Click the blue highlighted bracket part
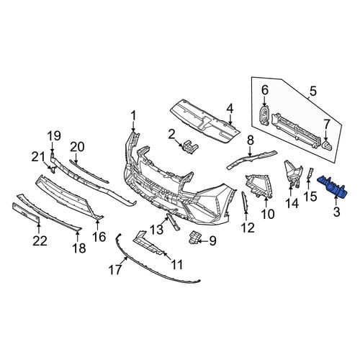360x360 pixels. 332,186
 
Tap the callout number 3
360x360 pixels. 337,212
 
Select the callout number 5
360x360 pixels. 313,92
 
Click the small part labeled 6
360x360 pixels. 264,115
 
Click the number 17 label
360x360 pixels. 115,269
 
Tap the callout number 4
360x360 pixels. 230,109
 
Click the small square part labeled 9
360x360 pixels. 195,238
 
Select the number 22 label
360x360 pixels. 40,241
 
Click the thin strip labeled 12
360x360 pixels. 245,202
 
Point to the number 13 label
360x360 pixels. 157,229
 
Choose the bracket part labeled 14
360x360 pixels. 292,173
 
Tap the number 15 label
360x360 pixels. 310,197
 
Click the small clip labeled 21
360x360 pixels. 53,170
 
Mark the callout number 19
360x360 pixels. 54,136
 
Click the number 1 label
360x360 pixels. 133,116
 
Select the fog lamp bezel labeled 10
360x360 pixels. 258,185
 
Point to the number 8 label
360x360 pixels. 251,140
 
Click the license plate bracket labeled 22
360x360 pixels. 26,212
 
